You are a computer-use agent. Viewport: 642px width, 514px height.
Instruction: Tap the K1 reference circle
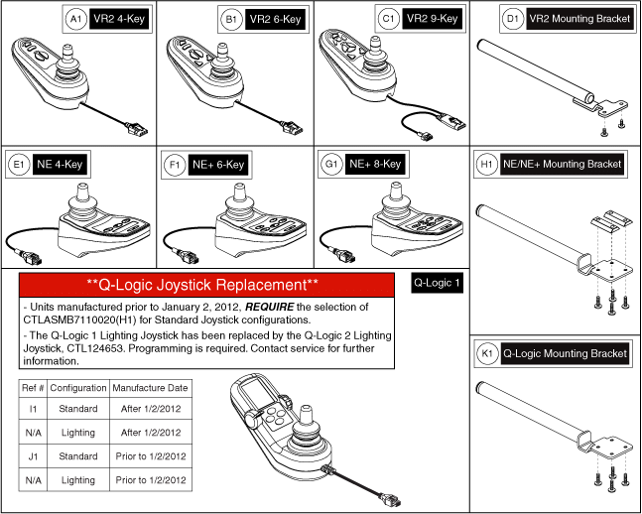[485, 353]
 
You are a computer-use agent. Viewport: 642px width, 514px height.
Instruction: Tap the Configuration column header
[77, 386]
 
